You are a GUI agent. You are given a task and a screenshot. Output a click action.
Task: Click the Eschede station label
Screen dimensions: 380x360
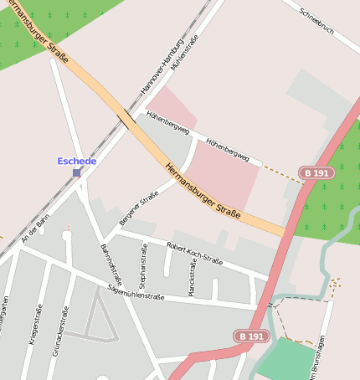pos(76,161)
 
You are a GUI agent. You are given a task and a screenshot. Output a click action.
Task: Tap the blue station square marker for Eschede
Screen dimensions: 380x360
pos(77,172)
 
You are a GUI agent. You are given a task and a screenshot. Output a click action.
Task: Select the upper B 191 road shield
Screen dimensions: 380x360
pos(317,173)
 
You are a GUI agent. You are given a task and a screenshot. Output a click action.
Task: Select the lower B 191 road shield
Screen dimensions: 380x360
pos(250,336)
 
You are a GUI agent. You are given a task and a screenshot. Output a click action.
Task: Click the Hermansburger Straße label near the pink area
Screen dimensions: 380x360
pos(203,193)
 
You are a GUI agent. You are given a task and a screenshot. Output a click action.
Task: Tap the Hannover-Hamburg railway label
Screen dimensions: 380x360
pos(162,65)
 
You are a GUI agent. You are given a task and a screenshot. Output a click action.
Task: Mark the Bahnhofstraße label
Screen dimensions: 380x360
pos(111,265)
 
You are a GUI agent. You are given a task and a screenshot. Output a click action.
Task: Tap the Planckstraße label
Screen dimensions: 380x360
pos(192,276)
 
